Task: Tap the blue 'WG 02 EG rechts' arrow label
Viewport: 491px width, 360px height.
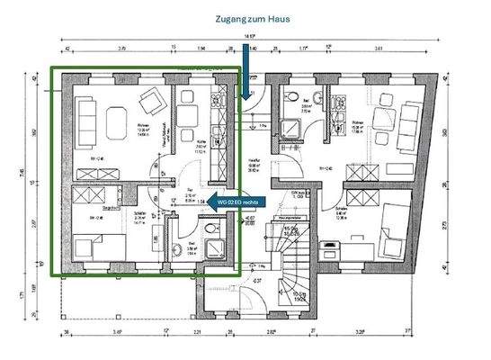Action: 237,202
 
